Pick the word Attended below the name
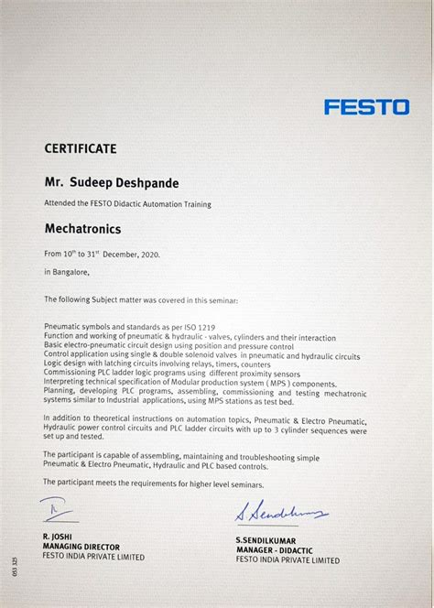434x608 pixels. (x=60, y=204)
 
